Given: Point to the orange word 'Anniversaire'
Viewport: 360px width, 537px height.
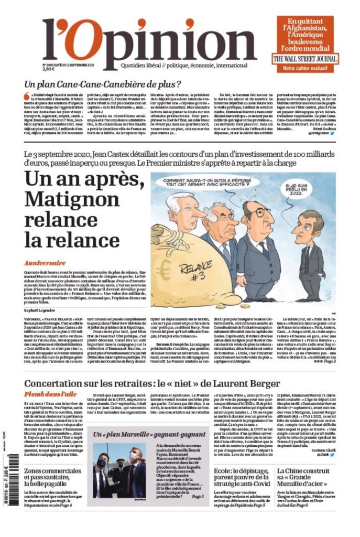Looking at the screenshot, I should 45,262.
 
